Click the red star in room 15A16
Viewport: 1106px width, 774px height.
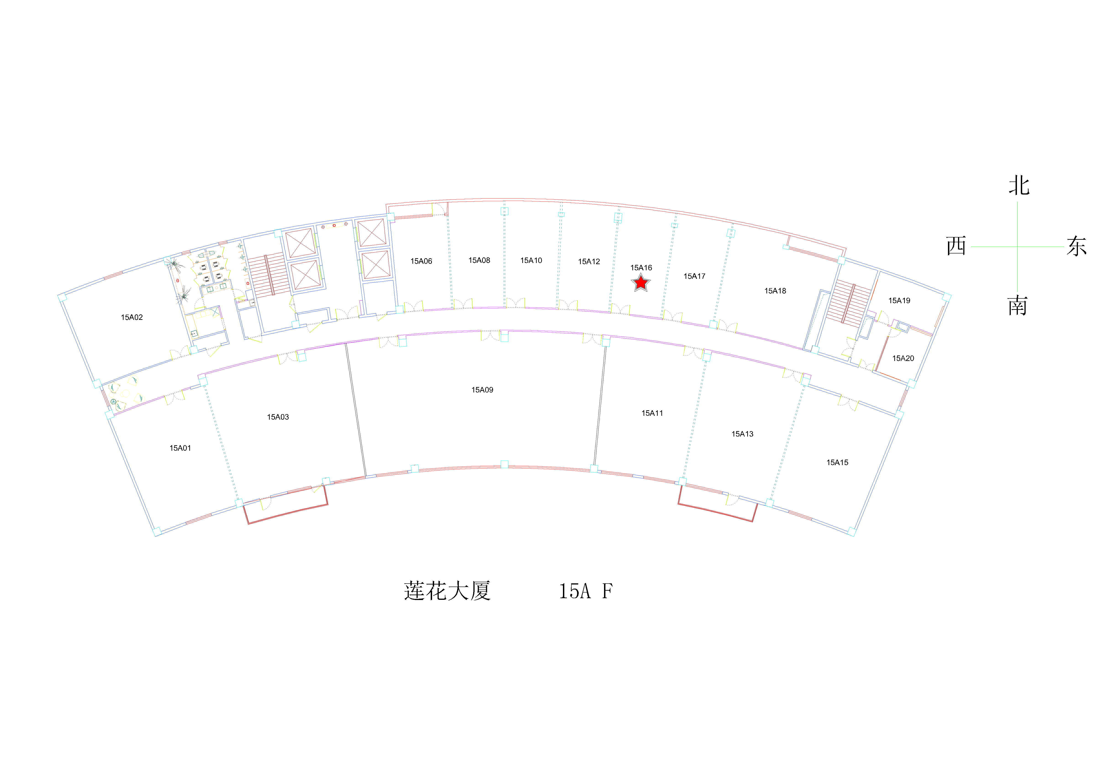point(641,283)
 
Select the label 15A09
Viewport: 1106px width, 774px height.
point(482,390)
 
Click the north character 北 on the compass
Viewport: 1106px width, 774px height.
point(1019,185)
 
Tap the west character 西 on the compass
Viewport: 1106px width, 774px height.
point(956,246)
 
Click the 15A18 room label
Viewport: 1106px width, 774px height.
point(775,291)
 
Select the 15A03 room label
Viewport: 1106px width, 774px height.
point(278,417)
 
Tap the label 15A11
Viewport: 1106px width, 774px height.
point(652,413)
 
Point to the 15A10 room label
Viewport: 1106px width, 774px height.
point(531,261)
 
